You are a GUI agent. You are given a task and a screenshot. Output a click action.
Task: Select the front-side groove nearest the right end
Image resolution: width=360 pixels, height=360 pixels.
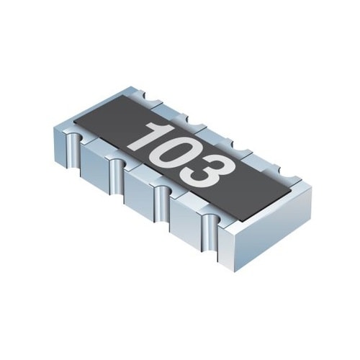(210, 233)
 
